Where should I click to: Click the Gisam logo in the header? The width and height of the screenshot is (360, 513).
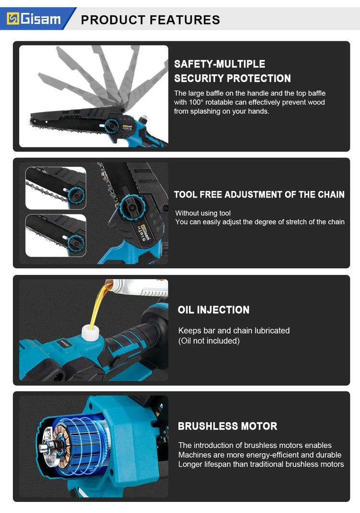[34, 19]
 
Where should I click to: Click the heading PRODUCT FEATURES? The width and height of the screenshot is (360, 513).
[150, 20]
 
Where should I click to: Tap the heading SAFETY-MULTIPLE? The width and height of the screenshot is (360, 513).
[220, 64]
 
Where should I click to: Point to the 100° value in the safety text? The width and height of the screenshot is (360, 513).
[196, 102]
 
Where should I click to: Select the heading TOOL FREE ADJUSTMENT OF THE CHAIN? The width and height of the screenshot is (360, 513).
[259, 195]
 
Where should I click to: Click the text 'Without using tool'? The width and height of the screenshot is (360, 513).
[203, 213]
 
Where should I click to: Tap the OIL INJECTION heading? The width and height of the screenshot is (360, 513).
[214, 310]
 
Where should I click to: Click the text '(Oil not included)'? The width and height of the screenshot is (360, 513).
[209, 341]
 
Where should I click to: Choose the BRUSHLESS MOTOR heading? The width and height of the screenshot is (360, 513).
[228, 426]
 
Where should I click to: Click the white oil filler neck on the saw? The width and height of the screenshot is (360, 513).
[90, 333]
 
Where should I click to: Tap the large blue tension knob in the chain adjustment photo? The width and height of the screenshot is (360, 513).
[132, 207]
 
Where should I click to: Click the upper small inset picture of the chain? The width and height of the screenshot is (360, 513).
[56, 188]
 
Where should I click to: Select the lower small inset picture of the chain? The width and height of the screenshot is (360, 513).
[56, 235]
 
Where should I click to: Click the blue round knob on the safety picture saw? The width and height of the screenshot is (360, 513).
[112, 126]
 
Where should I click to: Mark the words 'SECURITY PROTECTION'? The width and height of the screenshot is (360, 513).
[232, 79]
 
